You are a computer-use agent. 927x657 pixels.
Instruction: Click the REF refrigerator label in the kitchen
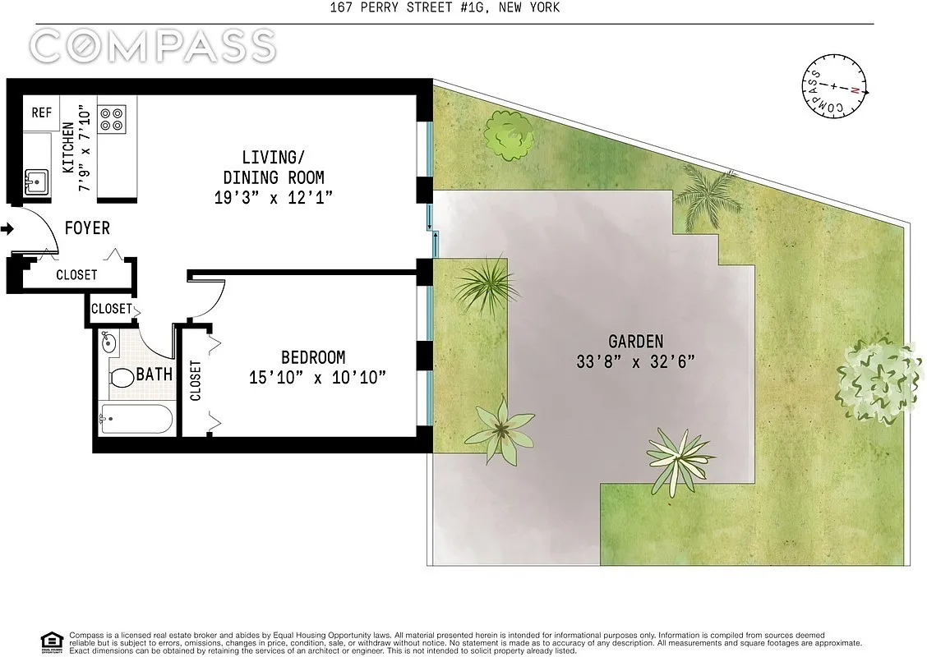pyautogui.click(x=41, y=113)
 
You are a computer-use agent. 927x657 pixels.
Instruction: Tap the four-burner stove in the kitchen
pyautogui.click(x=111, y=119)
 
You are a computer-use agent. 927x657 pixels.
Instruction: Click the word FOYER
pyautogui.click(x=87, y=228)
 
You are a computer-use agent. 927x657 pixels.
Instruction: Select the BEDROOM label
pyautogui.click(x=313, y=358)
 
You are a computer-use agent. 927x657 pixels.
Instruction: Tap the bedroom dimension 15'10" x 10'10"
pyautogui.click(x=317, y=378)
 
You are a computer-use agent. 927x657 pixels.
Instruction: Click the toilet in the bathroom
pyautogui.click(x=122, y=379)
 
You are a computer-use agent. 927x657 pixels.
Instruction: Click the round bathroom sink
pyautogui.click(x=108, y=342)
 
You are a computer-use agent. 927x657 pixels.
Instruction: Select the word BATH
pyautogui.click(x=154, y=374)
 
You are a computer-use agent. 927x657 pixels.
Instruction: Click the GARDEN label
pyautogui.click(x=635, y=342)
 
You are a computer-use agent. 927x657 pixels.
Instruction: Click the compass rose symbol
pyautogui.click(x=834, y=86)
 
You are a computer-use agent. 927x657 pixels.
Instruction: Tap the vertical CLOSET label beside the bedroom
pyautogui.click(x=196, y=381)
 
